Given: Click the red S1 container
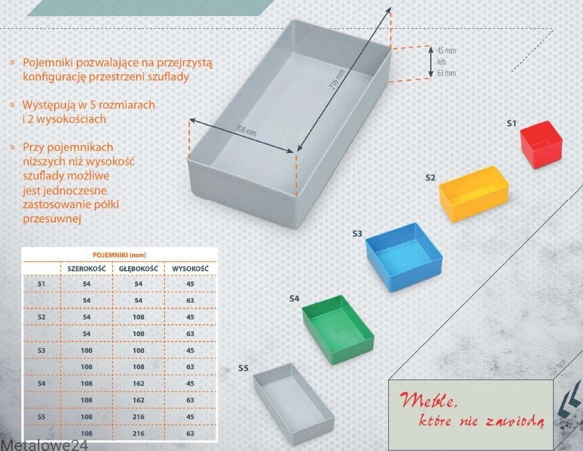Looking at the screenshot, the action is click(541, 144).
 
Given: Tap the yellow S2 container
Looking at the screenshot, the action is click(474, 193).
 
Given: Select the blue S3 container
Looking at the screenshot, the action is click(404, 257).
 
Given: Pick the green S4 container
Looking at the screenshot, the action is click(338, 329).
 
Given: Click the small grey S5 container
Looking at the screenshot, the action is click(294, 404).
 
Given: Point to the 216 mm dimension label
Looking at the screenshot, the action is click(338, 80).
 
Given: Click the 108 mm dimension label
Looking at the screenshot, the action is click(246, 130).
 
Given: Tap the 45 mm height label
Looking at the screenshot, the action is click(446, 50).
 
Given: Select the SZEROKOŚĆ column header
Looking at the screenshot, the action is click(87, 269).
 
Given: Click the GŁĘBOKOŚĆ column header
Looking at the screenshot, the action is click(138, 269).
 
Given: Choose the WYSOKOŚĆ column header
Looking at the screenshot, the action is click(190, 269).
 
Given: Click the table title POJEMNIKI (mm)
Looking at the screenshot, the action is click(119, 255).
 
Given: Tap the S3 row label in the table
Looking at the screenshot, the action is click(41, 350).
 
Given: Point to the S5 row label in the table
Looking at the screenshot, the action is click(41, 417).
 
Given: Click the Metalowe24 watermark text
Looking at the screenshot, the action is click(44, 446).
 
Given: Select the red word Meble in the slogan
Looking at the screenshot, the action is click(427, 400).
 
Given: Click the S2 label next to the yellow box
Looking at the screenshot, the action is click(430, 178).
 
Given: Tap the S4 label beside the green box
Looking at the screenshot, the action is click(294, 298).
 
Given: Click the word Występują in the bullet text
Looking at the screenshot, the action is click(49, 106).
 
